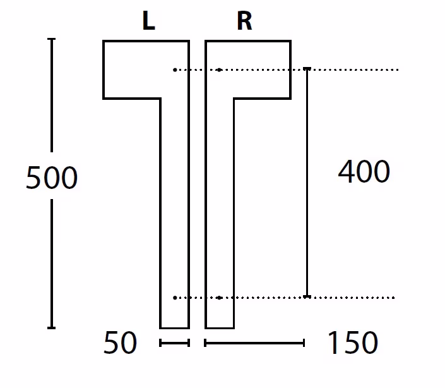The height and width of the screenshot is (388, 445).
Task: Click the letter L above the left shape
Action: point(149,21)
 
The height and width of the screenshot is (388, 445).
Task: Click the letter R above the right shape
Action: point(244,21)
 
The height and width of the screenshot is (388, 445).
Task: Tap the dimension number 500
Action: point(52,178)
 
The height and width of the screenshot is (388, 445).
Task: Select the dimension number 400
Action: point(364,171)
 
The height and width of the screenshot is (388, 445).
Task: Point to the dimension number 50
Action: point(121,343)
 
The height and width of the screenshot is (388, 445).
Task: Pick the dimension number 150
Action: point(353,343)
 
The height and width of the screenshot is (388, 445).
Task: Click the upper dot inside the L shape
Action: point(175,70)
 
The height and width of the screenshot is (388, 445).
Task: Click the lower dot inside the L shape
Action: point(175,298)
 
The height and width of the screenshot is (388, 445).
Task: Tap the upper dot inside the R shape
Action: point(219,70)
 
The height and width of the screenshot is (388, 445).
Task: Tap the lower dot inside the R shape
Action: point(219,298)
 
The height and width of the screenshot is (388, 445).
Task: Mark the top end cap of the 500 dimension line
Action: point(51,39)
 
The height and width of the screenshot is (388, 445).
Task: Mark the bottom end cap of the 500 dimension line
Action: point(51,328)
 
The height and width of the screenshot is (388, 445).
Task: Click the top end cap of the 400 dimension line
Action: point(307,68)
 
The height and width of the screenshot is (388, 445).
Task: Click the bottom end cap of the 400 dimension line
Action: point(307,297)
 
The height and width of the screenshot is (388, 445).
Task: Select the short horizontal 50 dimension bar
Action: point(175,343)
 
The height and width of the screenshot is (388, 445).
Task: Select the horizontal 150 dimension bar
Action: point(254,343)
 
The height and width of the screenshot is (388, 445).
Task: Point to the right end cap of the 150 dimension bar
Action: point(304,343)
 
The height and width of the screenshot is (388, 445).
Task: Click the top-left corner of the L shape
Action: point(104,41)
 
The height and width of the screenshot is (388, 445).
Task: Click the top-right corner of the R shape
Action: point(290,41)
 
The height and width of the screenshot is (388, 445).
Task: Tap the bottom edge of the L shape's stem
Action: point(175,328)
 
